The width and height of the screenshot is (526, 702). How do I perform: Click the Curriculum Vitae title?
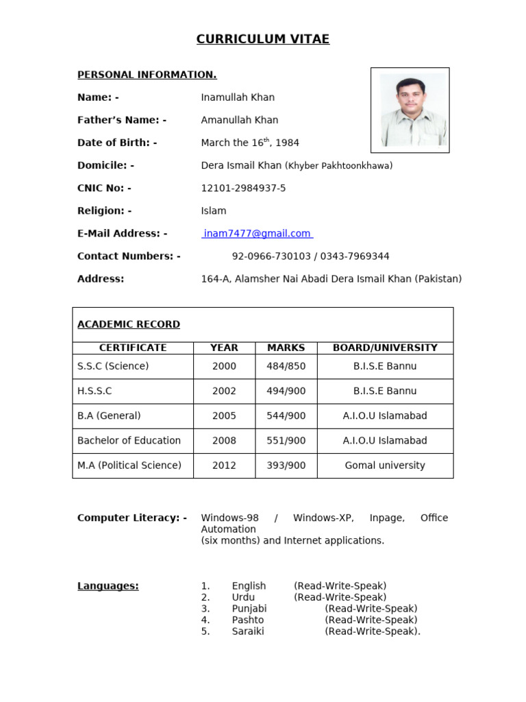tap(263, 39)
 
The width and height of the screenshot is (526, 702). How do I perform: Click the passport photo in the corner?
tap(410, 110)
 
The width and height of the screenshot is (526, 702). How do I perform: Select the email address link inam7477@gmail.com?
tap(257, 234)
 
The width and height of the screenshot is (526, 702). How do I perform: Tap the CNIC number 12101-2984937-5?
tap(243, 188)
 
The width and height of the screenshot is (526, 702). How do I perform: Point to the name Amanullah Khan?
tap(239, 120)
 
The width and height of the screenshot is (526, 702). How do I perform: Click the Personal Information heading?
tap(147, 75)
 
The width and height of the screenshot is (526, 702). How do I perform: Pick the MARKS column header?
tap(286, 348)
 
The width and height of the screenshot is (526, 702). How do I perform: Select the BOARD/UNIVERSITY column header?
tap(384, 348)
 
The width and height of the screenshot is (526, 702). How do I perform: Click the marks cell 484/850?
tap(286, 366)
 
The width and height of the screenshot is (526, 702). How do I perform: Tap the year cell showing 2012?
tap(224, 465)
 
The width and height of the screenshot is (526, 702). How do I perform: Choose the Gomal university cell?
tap(384, 465)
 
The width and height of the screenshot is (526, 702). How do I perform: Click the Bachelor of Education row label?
tap(129, 440)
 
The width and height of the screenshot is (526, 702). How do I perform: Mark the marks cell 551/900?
tap(286, 440)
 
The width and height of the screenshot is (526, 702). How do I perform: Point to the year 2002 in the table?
tap(224, 391)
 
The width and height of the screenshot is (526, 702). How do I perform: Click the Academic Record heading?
tap(129, 324)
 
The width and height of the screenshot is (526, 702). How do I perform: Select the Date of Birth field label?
tap(117, 143)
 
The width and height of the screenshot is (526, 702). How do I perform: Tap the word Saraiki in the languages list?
tap(247, 631)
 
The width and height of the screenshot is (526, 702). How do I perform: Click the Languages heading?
tap(108, 586)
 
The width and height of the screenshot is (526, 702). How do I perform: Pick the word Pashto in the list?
tap(247, 620)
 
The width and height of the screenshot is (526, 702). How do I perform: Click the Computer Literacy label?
tap(131, 518)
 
